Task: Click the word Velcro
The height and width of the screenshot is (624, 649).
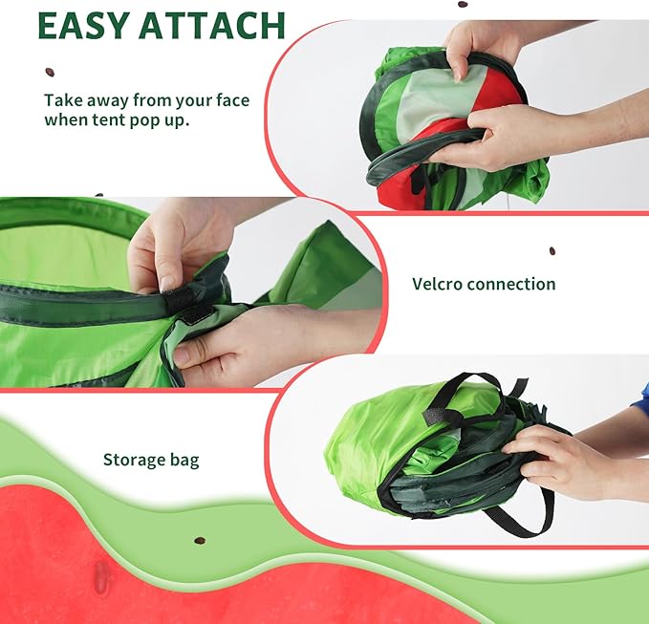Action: point(440,284)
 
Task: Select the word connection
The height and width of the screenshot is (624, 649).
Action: point(514,284)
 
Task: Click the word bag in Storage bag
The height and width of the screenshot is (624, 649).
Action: point(184,461)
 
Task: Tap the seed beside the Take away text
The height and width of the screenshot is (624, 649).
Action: point(50,72)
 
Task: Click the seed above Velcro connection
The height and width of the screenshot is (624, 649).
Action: point(552,251)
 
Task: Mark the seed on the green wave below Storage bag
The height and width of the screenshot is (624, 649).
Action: point(200,540)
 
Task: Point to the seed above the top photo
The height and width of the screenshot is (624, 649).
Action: point(462,4)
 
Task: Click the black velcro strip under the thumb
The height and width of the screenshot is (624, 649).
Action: point(197,312)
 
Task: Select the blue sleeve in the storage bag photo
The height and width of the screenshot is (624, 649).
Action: point(641,397)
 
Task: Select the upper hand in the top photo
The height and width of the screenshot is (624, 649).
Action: point(478,48)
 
